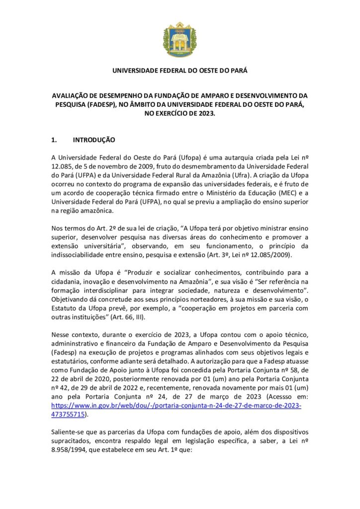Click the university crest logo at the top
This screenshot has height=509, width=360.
pyautogui.click(x=180, y=39)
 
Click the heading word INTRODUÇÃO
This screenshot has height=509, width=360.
pyautogui.click(x=94, y=140)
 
